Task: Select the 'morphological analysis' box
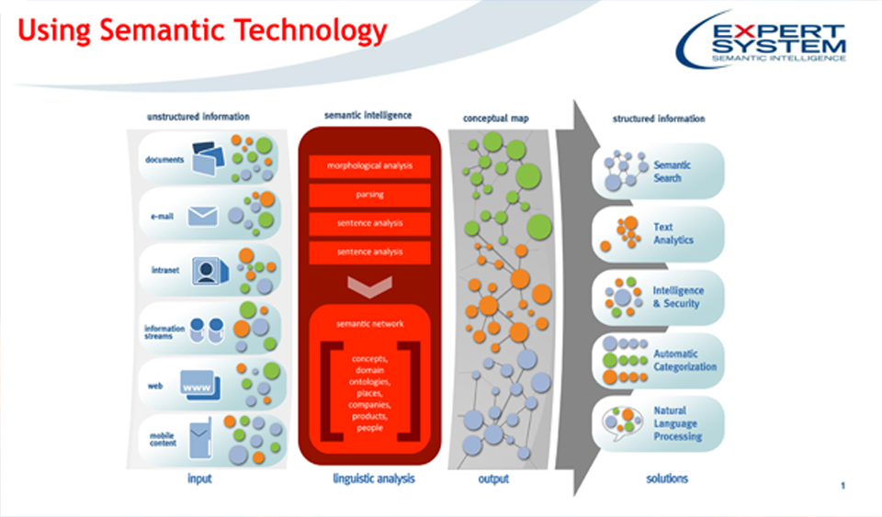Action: pyautogui.click(x=369, y=166)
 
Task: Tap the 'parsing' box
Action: pyautogui.click(x=369, y=195)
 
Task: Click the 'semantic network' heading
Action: pyautogui.click(x=369, y=323)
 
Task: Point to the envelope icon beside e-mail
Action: pyautogui.click(x=202, y=216)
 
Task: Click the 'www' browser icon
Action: pyautogui.click(x=198, y=387)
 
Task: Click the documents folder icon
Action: pyautogui.click(x=208, y=158)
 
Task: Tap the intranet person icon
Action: pyautogui.click(x=206, y=271)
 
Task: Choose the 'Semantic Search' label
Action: pyautogui.click(x=672, y=172)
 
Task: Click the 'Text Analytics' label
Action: pyautogui.click(x=673, y=233)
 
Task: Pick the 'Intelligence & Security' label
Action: pyautogui.click(x=677, y=297)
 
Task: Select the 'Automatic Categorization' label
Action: pyautogui.click(x=684, y=360)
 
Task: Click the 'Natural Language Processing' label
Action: pyautogui.click(x=677, y=423)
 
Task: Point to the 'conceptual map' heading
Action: pyautogui.click(x=495, y=118)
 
